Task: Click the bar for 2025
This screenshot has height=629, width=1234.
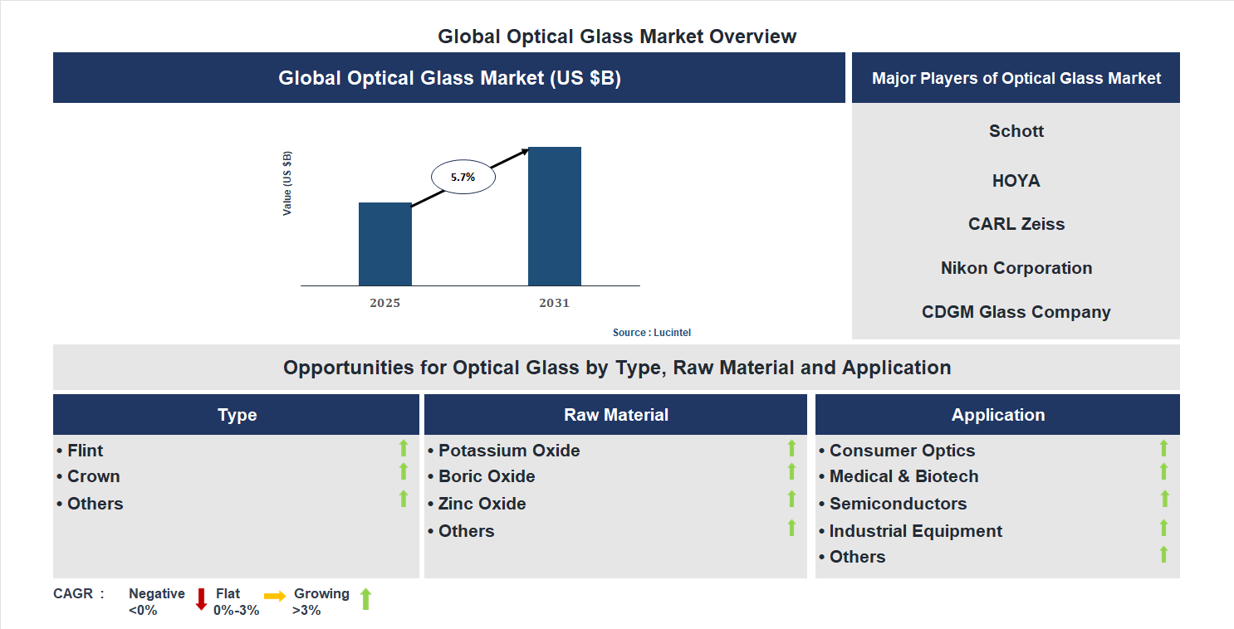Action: [x=384, y=244]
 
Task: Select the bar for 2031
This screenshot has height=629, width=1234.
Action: [x=554, y=217]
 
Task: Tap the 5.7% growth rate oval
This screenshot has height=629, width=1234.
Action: [x=463, y=177]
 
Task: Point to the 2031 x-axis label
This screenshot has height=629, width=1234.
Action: [x=554, y=303]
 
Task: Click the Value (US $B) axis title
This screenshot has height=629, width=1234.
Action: [x=287, y=183]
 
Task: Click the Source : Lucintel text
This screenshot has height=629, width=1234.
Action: [x=651, y=332]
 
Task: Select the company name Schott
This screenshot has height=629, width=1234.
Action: [x=1016, y=131]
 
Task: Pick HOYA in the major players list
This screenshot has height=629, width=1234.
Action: [x=1016, y=181]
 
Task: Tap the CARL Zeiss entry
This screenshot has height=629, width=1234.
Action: [x=1016, y=224]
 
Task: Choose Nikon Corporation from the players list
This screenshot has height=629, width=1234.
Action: [x=1016, y=268]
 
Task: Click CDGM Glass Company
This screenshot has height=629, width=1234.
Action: [x=1016, y=312]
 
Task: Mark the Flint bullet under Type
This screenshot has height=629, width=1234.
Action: [x=81, y=451]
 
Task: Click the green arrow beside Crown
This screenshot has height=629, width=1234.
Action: [x=404, y=472]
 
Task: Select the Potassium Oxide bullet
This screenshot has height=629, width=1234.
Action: [x=504, y=451]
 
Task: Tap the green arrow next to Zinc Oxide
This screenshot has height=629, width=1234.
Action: [x=791, y=500]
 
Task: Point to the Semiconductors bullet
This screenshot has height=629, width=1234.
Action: [x=894, y=504]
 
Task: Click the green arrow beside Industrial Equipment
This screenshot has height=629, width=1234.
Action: [x=1163, y=528]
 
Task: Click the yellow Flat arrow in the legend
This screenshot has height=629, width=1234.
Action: [x=275, y=596]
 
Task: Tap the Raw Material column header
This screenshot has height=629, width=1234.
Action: [x=615, y=415]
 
